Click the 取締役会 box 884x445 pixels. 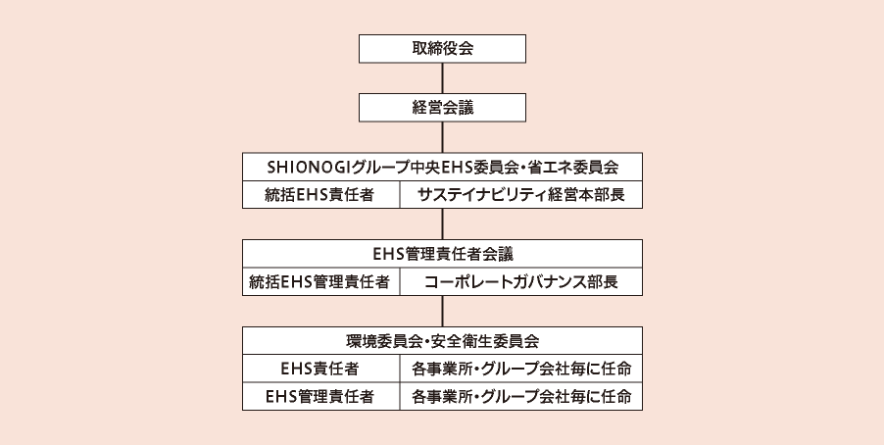(443, 48)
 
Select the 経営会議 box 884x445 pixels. (443, 108)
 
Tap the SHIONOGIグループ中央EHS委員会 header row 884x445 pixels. (443, 167)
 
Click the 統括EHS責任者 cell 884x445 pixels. (320, 195)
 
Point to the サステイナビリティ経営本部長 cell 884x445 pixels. (521, 195)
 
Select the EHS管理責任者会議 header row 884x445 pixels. (443, 254)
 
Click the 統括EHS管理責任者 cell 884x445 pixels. (320, 282)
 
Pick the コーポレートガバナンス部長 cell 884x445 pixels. (521, 282)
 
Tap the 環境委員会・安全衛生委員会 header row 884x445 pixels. (443, 341)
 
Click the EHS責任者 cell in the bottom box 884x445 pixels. (320, 369)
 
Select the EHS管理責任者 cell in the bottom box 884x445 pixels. (320, 397)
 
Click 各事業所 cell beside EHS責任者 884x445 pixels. (521, 369)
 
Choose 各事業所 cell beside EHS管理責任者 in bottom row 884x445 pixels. (521, 397)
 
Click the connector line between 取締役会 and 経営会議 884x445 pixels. (443, 77)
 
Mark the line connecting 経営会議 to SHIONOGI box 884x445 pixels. (443, 137)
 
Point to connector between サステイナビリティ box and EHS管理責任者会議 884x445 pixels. (443, 223)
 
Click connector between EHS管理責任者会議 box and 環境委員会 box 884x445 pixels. (443, 311)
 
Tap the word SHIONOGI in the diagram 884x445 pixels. (309, 167)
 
